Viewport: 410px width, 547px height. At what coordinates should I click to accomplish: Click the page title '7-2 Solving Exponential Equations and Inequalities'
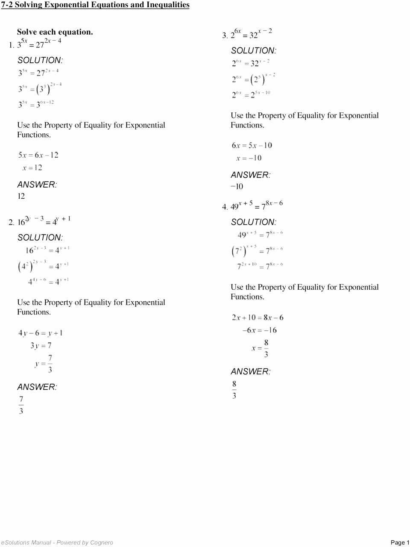point(95,5)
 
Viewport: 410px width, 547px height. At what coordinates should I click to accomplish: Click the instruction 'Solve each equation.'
point(55,32)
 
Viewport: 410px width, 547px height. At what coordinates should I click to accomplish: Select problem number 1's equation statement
point(39,43)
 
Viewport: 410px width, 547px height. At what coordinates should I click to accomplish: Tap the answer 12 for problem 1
point(21,196)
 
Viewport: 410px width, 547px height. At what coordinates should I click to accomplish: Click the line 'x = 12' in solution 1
point(32,168)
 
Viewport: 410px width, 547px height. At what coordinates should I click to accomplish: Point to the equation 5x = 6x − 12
point(38,155)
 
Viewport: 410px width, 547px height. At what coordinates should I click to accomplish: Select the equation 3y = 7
point(41,346)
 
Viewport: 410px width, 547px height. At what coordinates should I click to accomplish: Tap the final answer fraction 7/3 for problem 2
point(21,405)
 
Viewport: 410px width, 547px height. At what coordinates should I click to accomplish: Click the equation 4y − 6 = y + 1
point(41,333)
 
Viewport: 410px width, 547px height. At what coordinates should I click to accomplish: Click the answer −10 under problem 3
point(237,186)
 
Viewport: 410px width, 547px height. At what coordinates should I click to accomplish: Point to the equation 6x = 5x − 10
point(252,146)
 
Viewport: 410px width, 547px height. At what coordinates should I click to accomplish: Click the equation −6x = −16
point(259,330)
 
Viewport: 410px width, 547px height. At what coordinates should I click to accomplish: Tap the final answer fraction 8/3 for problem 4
point(234,390)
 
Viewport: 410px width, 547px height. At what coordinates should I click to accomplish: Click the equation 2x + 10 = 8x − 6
point(258,318)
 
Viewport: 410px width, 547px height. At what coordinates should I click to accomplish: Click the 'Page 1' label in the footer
point(400,542)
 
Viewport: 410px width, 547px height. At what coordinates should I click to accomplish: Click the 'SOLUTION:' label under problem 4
point(253,222)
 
